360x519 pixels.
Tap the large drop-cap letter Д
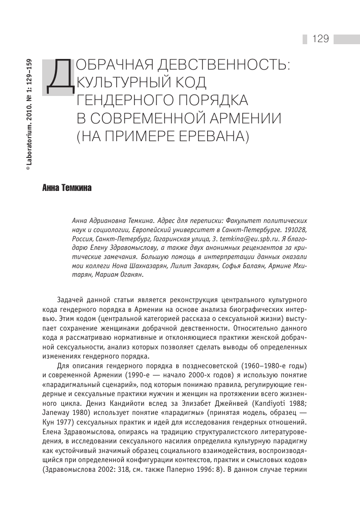(x=61, y=77)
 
